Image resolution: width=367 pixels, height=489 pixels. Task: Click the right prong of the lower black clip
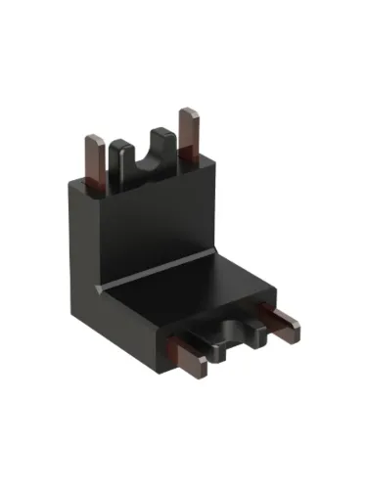click(x=256, y=333)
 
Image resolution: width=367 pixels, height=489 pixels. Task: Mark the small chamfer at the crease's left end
click(x=100, y=288)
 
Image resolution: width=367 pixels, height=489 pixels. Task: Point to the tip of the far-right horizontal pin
click(x=296, y=338)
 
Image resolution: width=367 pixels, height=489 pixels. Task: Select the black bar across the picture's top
click(x=183, y=26)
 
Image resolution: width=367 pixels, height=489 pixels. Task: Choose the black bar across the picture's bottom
click(x=183, y=460)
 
